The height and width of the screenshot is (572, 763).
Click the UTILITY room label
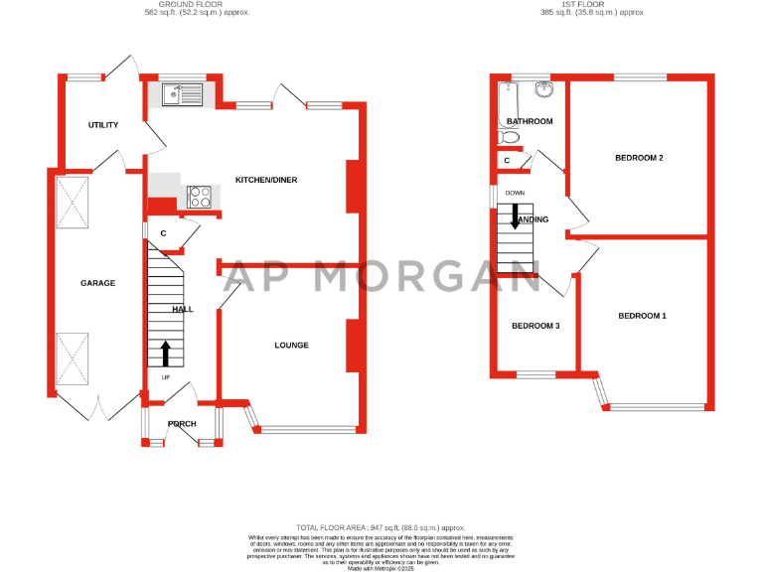pos(103,125)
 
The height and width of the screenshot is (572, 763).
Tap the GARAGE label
pos(97,283)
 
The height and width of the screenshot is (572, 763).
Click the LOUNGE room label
pos(291,346)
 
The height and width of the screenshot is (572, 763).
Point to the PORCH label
pos(182,424)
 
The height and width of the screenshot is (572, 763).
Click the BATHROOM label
pos(529,121)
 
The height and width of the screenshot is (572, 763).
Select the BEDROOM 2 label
pos(639,158)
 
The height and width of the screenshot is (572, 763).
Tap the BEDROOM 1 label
pos(642,316)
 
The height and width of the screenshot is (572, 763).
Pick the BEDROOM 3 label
pos(535,326)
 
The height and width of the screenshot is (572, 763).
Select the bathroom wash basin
pos(542,90)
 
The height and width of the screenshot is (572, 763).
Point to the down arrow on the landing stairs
pos(515,217)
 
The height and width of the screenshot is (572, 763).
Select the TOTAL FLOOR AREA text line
pos(381,527)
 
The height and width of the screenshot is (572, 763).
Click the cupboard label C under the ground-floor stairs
pos(163,234)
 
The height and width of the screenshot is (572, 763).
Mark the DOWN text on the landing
pos(515,193)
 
